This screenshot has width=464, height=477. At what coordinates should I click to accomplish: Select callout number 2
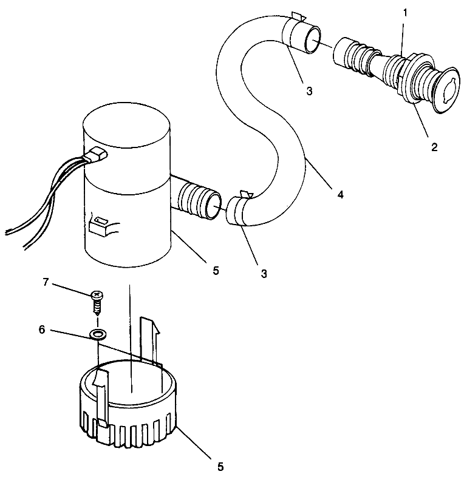point(434,147)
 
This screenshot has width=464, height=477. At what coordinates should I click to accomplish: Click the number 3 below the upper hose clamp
point(309,91)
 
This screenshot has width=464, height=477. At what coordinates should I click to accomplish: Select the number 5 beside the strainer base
point(220,467)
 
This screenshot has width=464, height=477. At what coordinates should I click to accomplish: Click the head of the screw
point(96,295)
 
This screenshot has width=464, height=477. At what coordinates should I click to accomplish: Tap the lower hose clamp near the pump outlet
point(240,208)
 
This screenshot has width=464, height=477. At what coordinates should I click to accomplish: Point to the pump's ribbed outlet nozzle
point(197,200)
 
